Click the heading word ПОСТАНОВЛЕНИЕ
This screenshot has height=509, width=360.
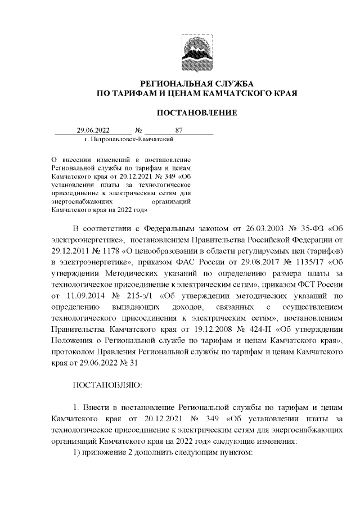point(196,113)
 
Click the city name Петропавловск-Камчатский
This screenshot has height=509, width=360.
point(132,138)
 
